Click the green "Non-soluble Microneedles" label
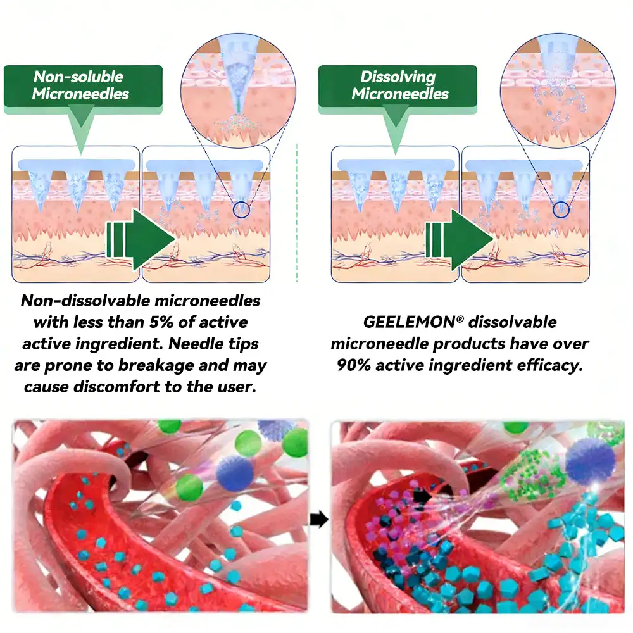tap(83, 86)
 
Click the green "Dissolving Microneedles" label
tap(398, 86)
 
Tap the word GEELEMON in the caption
tap(410, 322)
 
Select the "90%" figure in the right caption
tap(354, 365)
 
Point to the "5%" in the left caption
tap(161, 322)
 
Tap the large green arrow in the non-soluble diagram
tap(141, 239)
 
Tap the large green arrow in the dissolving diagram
tap(460, 239)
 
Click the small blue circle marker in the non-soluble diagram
tap(241, 210)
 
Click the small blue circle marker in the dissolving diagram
tap(561, 210)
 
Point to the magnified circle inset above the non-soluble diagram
tap(238, 91)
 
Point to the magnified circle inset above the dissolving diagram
tap(558, 91)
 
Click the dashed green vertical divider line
tap(297, 212)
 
